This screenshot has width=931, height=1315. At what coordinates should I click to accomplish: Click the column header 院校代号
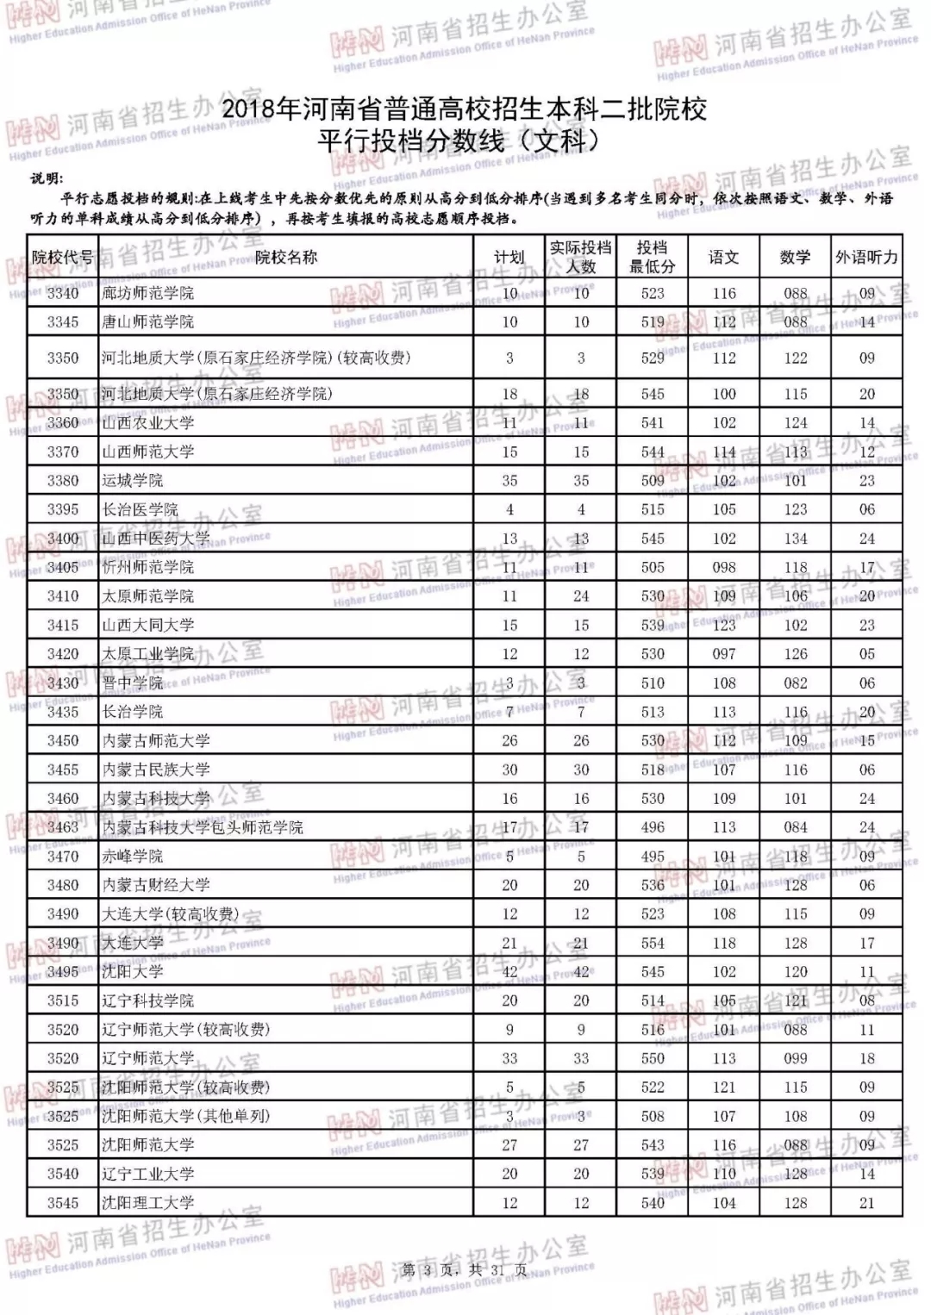(62, 257)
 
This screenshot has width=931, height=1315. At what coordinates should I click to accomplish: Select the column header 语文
(723, 257)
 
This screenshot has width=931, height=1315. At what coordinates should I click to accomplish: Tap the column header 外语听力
(866, 257)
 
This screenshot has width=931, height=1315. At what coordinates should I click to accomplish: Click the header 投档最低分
(653, 257)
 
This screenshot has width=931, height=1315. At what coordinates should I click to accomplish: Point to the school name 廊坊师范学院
(147, 293)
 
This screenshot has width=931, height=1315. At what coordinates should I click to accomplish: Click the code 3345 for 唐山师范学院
(63, 322)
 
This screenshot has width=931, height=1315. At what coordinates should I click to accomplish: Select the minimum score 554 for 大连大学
(653, 943)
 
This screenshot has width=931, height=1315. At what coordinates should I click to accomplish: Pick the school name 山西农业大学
(147, 423)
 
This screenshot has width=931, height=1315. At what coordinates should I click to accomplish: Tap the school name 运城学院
(132, 481)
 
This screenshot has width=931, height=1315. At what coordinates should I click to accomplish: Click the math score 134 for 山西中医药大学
(796, 539)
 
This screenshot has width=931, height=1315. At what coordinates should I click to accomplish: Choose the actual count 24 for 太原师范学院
(581, 596)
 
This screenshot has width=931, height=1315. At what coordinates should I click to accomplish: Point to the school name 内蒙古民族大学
(156, 770)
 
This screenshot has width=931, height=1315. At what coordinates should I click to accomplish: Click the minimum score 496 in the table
(653, 827)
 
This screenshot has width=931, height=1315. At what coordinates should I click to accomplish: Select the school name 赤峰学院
(132, 857)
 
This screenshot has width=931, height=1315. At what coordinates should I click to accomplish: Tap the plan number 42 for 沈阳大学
(509, 972)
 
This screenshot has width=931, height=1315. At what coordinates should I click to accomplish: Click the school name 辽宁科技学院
(147, 1000)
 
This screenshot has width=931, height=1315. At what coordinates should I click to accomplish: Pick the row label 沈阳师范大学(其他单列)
(185, 1116)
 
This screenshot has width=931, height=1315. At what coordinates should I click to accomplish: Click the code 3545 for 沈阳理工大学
(63, 1203)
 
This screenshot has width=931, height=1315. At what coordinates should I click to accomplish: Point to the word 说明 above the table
(47, 178)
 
